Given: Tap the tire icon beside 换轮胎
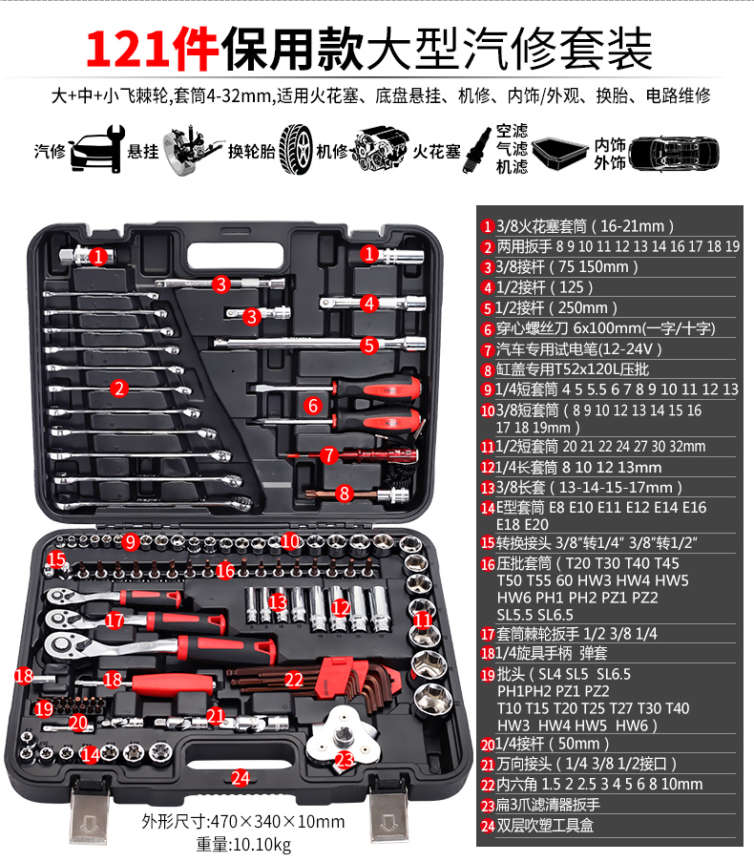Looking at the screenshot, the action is coord(295,149).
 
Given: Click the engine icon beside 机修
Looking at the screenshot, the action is coord(380,148).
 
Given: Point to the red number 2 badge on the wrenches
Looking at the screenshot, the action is coord(118,389).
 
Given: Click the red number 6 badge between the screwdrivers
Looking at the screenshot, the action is coord(313,406).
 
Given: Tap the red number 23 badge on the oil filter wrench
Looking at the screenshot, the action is coord(345,760).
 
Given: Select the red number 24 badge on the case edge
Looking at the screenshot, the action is coord(241,778).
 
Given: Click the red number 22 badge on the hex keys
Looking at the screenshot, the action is coord(293,680).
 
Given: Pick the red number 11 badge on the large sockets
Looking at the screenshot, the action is coord(423,620).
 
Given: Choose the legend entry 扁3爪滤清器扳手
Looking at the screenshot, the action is coord(541,806).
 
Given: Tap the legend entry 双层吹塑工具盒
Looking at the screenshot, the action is coord(537,826).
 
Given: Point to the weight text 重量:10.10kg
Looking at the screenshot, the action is coord(243,844).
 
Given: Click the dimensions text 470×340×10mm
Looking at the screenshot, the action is coord(278,822).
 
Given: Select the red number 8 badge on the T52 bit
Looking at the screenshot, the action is coord(345,494).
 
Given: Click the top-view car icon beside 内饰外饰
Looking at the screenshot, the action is coord(674,153).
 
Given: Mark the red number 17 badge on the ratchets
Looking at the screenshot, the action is coord(115,620).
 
